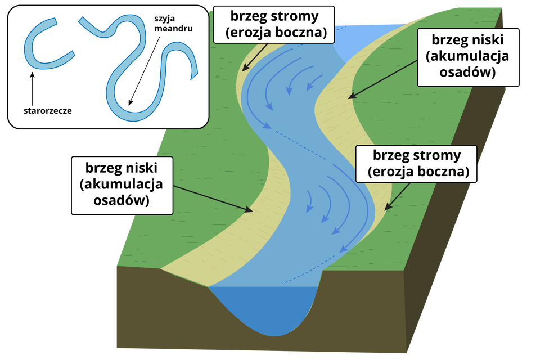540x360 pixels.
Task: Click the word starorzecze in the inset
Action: tap(47, 110)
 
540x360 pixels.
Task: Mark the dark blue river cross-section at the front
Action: tap(264, 309)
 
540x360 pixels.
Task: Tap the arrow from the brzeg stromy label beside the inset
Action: tap(255, 56)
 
